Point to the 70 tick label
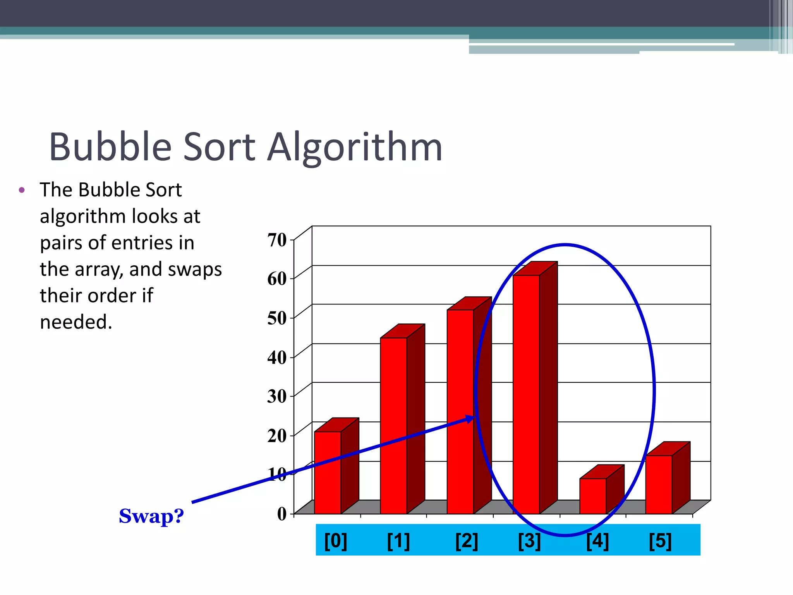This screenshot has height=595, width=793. [277, 240]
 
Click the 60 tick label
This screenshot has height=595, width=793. [277, 279]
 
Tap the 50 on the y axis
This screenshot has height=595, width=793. [277, 318]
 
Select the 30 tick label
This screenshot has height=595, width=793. [277, 396]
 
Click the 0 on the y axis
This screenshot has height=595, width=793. [282, 514]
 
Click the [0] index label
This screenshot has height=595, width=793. [335, 541]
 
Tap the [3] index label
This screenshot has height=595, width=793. [529, 541]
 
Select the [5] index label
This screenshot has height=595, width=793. [660, 541]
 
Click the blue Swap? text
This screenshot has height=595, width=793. [151, 516]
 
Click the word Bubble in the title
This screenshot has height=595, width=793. [110, 147]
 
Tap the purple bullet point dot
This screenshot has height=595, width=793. [22, 190]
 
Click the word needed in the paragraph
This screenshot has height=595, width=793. [76, 322]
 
